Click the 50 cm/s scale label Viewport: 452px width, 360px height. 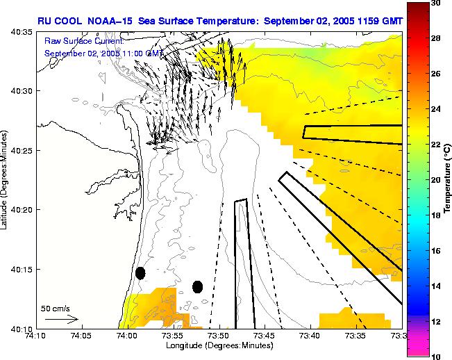coord(54,308)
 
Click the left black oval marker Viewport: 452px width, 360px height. coord(140,273)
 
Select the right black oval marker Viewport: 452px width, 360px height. coord(197,286)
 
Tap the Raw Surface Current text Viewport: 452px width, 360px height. coord(84,41)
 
